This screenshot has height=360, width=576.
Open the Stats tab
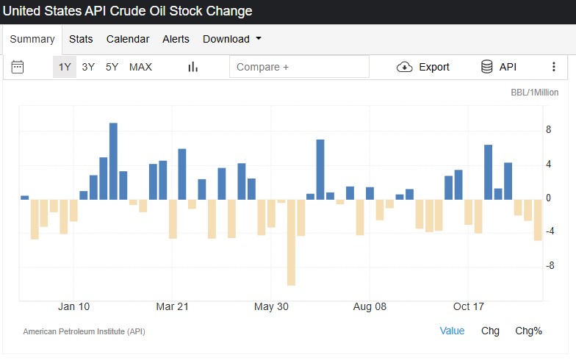(81, 39)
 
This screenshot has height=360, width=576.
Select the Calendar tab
(128, 39)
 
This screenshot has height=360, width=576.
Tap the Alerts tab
(176, 39)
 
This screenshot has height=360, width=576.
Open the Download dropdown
(232, 39)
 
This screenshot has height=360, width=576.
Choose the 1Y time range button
(65, 67)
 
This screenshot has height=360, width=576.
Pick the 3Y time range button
(88, 67)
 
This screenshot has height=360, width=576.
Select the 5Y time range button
(112, 67)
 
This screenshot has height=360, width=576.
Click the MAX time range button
(140, 67)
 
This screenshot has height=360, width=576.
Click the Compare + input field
(299, 67)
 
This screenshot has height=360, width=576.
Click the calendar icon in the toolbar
(18, 67)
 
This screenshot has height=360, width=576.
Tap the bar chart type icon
(193, 67)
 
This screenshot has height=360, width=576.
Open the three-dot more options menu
(554, 67)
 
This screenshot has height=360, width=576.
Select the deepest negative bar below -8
(291, 242)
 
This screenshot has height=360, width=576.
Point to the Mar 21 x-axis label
(173, 306)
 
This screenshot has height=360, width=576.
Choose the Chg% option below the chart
(528, 331)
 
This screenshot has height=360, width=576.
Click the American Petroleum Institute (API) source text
(84, 331)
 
